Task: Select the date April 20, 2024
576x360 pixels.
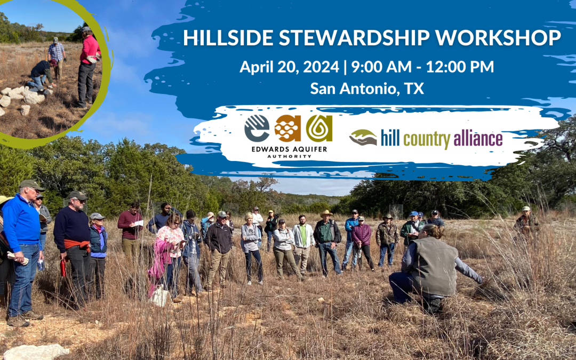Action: click(289, 67)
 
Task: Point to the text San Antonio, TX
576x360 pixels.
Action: click(367, 89)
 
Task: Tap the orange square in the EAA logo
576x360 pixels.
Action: click(287, 128)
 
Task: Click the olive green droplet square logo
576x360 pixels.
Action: click(319, 128)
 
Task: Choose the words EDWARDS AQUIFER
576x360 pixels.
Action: click(289, 149)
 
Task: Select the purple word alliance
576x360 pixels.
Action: click(478, 139)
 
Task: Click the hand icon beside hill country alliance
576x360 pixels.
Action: click(363, 138)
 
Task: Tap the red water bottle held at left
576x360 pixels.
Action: click(63, 268)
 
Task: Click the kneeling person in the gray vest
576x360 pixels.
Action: click(434, 269)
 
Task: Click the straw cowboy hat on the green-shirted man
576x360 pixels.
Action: click(326, 213)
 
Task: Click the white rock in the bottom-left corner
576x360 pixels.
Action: click(36, 352)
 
